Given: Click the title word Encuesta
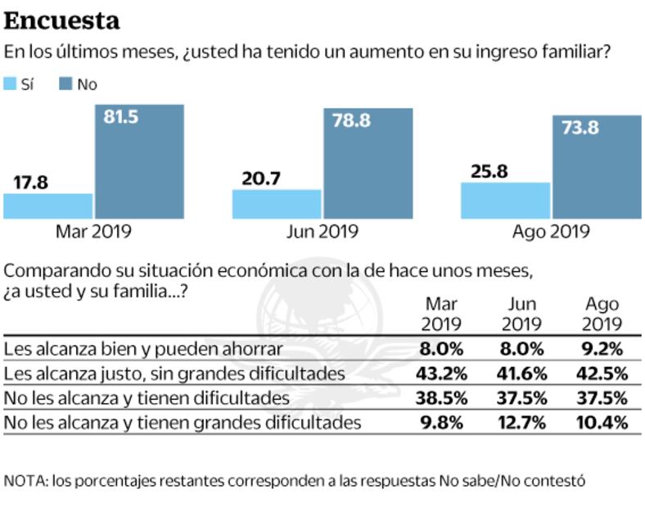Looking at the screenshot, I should pos(61,20).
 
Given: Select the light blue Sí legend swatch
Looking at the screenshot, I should pos(11,84).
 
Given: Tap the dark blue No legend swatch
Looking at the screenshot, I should pos(65,84).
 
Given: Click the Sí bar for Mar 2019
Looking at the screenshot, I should pos(47,206).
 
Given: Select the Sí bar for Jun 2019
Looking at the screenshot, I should pos(277,204).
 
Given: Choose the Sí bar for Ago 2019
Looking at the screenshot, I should pos(505,200).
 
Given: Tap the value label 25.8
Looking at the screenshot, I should pos(490,172).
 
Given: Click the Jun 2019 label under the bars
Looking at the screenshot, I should pos(322,232).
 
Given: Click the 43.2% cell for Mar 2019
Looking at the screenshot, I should pos(443,374).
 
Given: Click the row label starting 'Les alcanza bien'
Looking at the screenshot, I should pos(143,348).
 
